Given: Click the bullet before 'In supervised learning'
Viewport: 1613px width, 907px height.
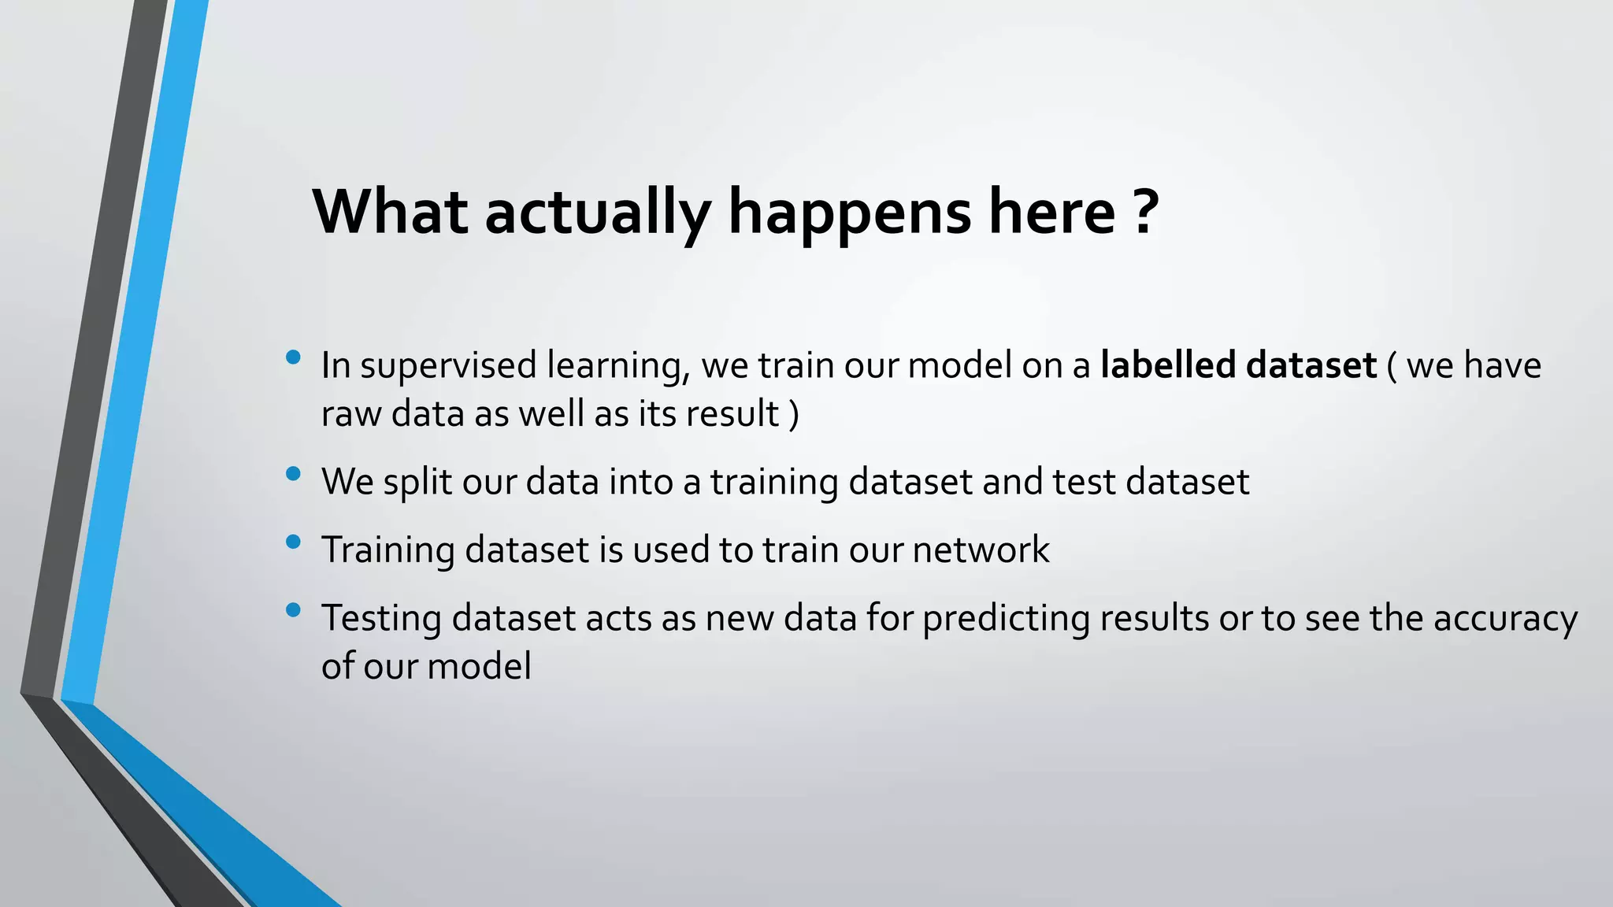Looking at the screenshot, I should coord(294,358).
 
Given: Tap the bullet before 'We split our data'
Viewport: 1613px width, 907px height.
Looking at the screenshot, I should coord(294,474).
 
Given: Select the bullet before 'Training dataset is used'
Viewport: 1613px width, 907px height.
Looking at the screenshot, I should coord(294,542).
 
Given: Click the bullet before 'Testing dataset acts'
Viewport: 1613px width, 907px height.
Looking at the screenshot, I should coord(294,610).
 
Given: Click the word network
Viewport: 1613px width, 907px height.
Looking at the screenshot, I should coord(981,550).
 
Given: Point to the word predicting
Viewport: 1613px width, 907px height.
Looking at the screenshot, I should coord(1006,619).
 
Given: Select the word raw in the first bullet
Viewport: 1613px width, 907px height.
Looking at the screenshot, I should coord(351,415).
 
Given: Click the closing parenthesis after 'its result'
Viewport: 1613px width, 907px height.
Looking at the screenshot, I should coord(794,414).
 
